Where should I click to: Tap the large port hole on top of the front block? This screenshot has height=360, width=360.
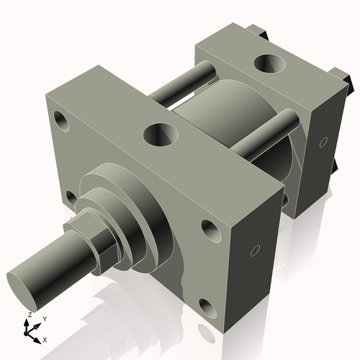click(x=161, y=133)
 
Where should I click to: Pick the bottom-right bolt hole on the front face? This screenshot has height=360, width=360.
click(x=207, y=309)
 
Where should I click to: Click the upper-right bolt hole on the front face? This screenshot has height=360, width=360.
click(x=210, y=230)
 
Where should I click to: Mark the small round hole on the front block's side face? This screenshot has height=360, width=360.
click(x=254, y=251)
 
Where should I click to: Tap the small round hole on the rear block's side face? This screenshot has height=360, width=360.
click(x=323, y=140)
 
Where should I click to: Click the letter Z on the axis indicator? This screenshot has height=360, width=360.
click(x=29, y=315)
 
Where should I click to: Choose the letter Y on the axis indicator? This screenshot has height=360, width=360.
click(x=44, y=319)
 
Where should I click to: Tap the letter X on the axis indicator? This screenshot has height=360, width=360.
click(x=45, y=338)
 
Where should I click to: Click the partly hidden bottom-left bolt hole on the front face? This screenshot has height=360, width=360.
click(x=70, y=195)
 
